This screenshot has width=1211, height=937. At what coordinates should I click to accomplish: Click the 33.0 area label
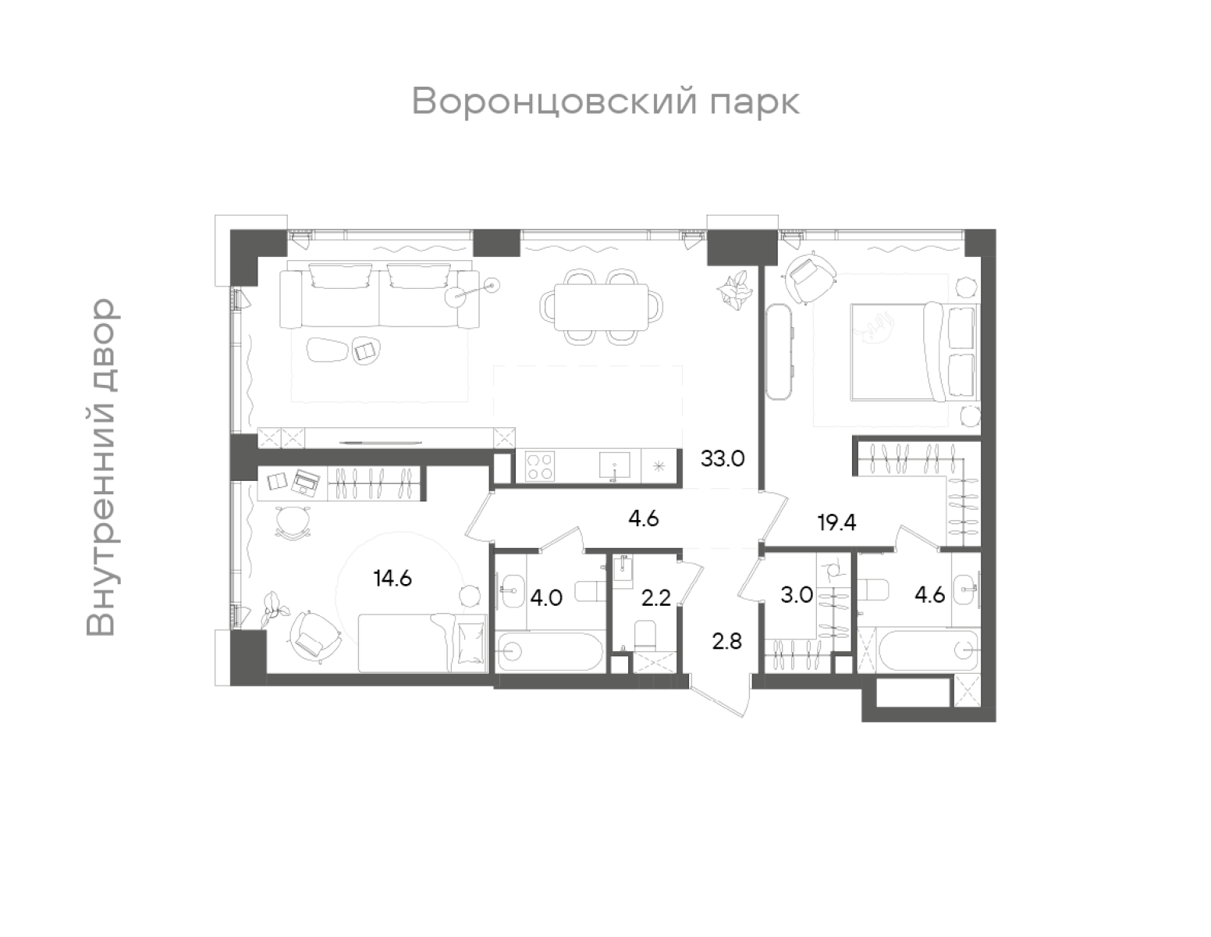(x=723, y=458)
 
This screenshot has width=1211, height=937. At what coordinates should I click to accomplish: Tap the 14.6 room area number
(x=392, y=579)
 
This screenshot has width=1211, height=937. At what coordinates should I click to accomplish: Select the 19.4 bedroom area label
(x=836, y=522)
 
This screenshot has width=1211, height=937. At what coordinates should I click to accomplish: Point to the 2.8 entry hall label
(x=726, y=642)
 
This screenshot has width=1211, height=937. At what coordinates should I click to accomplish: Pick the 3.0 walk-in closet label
(x=797, y=595)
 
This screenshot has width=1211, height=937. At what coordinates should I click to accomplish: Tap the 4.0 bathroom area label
(x=546, y=598)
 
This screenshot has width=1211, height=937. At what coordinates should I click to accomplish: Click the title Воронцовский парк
(x=605, y=102)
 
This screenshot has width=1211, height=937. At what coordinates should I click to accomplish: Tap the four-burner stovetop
(x=539, y=467)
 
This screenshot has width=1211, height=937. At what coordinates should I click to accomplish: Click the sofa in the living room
(x=380, y=297)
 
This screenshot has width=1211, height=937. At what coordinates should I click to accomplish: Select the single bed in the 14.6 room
(x=422, y=642)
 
